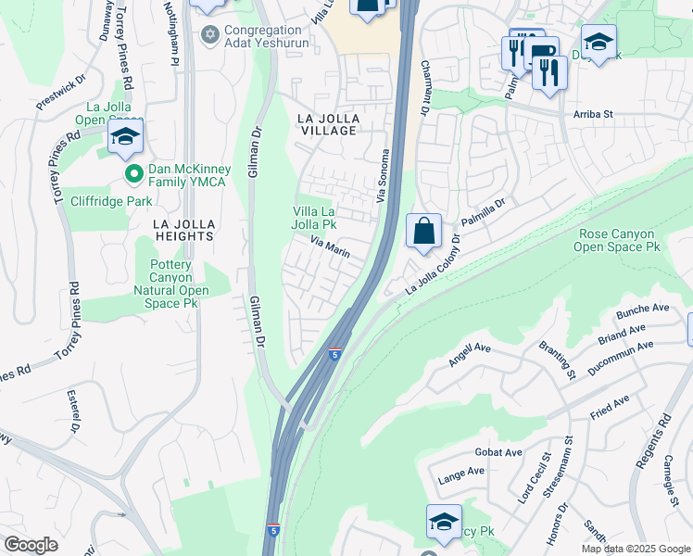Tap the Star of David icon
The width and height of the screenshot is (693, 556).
[x=209, y=35]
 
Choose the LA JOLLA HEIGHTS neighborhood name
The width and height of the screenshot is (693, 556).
[x=184, y=230]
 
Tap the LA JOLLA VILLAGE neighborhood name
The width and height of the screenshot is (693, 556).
[x=326, y=124]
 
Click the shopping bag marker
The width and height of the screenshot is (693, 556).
[x=423, y=232]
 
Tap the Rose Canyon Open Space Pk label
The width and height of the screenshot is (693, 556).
[x=616, y=241]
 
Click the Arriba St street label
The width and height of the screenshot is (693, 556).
[x=594, y=115]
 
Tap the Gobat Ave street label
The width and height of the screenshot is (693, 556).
[x=501, y=452]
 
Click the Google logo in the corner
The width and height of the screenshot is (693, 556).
[x=30, y=545]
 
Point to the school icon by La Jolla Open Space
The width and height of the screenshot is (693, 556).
[x=125, y=139]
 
